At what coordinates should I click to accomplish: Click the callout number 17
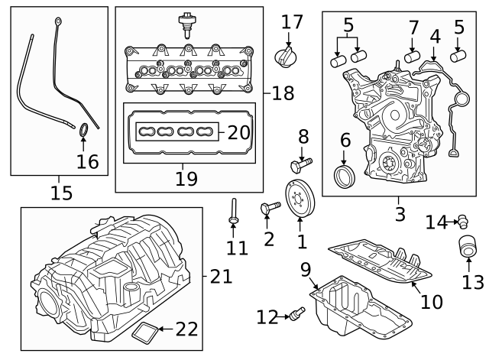tap(291, 21)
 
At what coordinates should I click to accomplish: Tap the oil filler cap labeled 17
tap(288, 56)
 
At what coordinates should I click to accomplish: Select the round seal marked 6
tap(346, 179)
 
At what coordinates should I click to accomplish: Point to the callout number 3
tap(400, 214)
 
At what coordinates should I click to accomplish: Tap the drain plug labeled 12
tap(294, 313)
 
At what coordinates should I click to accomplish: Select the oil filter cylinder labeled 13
tap(465, 250)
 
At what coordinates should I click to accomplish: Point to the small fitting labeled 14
tap(461, 222)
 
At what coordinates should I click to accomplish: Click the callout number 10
tap(432, 301)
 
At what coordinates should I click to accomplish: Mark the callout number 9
tap(305, 269)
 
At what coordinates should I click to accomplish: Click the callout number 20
tap(238, 132)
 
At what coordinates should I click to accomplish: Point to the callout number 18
tap(282, 93)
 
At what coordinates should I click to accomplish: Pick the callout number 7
tap(413, 28)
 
